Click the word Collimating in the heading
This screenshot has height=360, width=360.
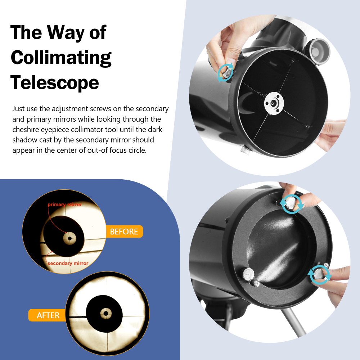pyautogui.click(x=61, y=58)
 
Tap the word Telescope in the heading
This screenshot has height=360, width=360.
pyautogui.click(x=55, y=83)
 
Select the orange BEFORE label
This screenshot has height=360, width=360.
pyautogui.click(x=124, y=231)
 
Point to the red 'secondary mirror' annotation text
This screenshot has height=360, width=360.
pyautogui.click(x=68, y=263)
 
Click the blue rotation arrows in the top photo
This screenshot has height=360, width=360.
pyautogui.click(x=225, y=72)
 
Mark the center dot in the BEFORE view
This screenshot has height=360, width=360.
pyautogui.click(x=69, y=238)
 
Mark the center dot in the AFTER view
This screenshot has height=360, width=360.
pyautogui.click(x=106, y=313)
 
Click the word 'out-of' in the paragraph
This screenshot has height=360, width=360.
pyautogui.click(x=97, y=150)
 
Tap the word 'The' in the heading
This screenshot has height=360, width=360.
pyautogui.click(x=26, y=33)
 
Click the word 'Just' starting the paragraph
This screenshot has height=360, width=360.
pyautogui.click(x=19, y=109)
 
